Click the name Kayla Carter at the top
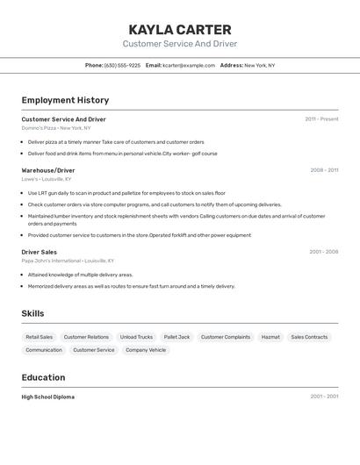pyautogui.click(x=180, y=30)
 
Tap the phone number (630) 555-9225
pyautogui.click(x=122, y=65)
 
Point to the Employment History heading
pyautogui.click(x=65, y=100)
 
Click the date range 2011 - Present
pyautogui.click(x=321, y=119)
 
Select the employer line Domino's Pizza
pyautogui.click(x=56, y=128)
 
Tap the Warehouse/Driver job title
pyautogui.click(x=48, y=170)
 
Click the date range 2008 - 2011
pyautogui.click(x=324, y=170)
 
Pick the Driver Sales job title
pyautogui.click(x=40, y=252)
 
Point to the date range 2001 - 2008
pyautogui.click(x=323, y=252)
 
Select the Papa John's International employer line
pyautogui.click(x=68, y=261)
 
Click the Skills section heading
pyautogui.click(x=32, y=313)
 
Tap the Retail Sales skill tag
pyautogui.click(x=39, y=337)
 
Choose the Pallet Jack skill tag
pyautogui.click(x=176, y=337)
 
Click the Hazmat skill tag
pyautogui.click(x=270, y=337)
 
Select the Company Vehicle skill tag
pyautogui.click(x=146, y=350)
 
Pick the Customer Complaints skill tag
pyautogui.click(x=226, y=337)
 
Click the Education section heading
pyautogui.click(x=43, y=377)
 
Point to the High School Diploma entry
pyautogui.click(x=48, y=397)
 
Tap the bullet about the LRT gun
pyautogui.click(x=126, y=193)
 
